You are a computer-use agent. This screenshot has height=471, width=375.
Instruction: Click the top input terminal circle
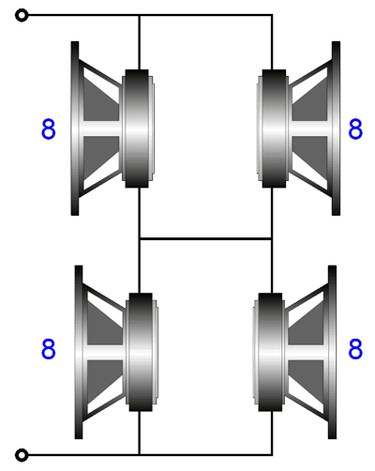22,15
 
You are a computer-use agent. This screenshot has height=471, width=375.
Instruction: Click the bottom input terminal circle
22,455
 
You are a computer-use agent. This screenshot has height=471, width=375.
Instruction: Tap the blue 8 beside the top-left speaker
49,129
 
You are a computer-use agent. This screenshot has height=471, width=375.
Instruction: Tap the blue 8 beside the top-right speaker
355,129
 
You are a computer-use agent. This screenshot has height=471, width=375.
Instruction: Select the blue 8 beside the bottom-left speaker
49,348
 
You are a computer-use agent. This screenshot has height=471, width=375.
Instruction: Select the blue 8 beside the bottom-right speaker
355,348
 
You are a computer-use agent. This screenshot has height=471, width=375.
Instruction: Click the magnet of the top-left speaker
137,129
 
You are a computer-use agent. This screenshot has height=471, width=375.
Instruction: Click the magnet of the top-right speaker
274,129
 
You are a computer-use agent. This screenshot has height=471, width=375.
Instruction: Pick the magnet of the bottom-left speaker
141,352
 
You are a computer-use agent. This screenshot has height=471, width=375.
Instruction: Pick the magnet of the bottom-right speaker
271,352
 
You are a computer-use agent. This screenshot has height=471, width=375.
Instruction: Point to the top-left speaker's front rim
75,129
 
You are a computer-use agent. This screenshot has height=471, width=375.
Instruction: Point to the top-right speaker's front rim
336,129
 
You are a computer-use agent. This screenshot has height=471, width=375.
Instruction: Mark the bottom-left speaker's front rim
79,352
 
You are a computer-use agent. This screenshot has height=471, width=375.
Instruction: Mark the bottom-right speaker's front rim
333,352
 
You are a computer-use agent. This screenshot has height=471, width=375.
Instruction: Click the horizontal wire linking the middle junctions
205,239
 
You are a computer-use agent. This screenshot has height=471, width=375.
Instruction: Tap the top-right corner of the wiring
272,15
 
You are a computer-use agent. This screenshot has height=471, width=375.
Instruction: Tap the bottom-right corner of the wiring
272,455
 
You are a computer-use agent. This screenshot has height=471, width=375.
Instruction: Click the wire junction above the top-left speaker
140,15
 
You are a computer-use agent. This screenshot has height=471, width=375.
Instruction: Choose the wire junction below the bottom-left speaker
140,455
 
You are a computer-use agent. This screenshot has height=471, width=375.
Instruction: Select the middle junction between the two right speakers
272,239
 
